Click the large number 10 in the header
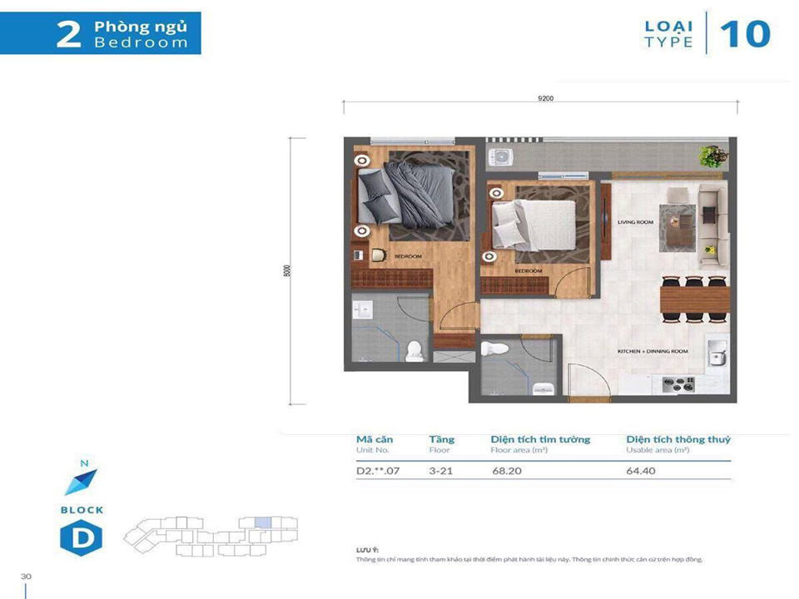coord(745,33)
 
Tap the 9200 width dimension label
coord(546,98)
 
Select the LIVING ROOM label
coord(636,222)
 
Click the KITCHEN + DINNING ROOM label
coord(653,352)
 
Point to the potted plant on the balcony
coord(712,155)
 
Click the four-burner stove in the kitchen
coord(678,384)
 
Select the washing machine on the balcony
coord(502,156)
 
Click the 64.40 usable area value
coord(641,470)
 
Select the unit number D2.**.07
coord(379,470)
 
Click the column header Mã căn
coord(375,439)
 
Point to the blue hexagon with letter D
coord(82,538)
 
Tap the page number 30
coord(27,576)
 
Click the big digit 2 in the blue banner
coord(69,34)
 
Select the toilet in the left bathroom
coord(414,352)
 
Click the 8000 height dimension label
coord(287,270)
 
